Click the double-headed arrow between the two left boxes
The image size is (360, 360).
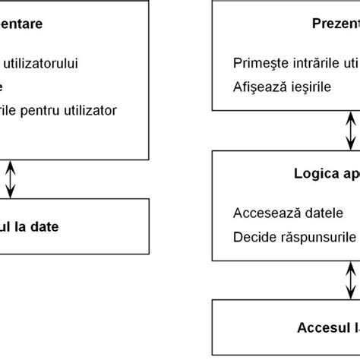(x=11, y=178)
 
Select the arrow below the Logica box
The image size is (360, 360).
(x=350, y=280)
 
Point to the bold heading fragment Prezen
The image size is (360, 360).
(x=335, y=24)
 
